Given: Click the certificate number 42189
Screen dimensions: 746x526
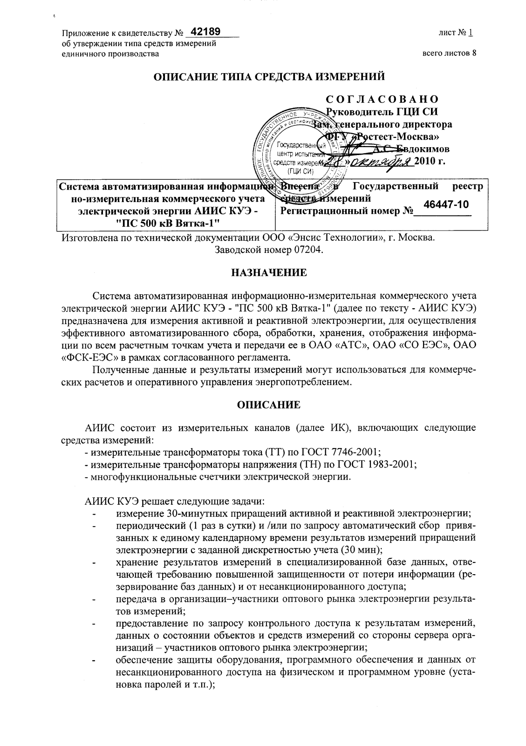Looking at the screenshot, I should [205, 32].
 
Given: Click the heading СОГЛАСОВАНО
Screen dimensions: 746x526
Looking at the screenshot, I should [382, 100].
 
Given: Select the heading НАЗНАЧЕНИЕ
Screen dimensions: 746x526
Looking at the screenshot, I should [269, 273].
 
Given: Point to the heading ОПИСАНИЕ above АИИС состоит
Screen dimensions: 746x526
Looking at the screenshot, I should [269, 405].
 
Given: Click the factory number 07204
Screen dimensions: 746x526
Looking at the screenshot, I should [307, 250].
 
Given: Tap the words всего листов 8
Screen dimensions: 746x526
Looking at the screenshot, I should [449, 53].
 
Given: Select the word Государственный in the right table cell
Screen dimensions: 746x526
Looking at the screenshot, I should [396, 187].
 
